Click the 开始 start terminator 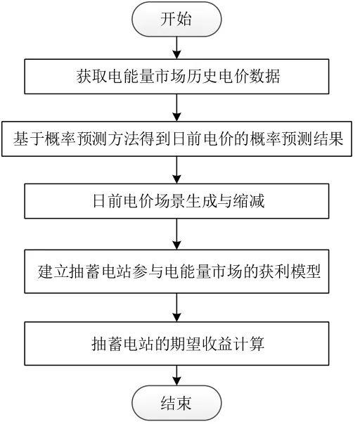click(176, 19)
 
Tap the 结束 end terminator click(176, 403)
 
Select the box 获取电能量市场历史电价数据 click(176, 77)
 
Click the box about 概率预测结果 click(176, 139)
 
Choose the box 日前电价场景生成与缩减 click(176, 201)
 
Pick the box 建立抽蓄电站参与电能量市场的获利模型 click(176, 271)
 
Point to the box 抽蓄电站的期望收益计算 click(176, 343)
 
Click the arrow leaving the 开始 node click(176, 48)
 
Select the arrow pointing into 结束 click(176, 375)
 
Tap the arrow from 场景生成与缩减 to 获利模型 click(176, 234)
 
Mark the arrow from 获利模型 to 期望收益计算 click(176, 307)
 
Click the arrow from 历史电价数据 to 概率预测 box click(176, 108)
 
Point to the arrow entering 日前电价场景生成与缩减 click(176, 170)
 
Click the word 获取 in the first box click(91, 77)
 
